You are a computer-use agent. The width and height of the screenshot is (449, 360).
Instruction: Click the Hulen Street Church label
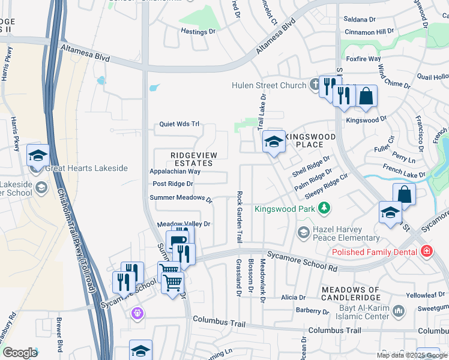click(269, 85)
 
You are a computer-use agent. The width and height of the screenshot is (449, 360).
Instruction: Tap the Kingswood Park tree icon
click(325, 208)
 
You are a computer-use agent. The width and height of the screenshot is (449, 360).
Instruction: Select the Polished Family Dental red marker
click(426, 251)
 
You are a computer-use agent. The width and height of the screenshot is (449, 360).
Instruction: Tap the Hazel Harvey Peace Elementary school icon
click(303, 232)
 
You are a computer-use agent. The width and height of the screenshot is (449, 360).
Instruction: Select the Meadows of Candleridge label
click(351, 294)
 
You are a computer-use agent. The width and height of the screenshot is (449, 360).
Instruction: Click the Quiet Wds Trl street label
click(178, 124)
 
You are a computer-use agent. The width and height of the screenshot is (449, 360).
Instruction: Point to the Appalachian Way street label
click(175, 171)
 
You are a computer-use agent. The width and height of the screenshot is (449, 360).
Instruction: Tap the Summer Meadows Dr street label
click(181, 198)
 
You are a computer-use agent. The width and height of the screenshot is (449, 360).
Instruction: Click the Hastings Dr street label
click(198, 31)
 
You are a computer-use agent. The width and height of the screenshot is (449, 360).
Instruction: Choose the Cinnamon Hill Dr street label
click(369, 31)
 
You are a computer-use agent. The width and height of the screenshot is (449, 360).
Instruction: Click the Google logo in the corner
click(20, 353)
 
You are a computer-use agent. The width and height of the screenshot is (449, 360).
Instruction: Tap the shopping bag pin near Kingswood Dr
click(366, 96)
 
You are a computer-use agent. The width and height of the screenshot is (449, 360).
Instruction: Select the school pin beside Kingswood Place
click(274, 142)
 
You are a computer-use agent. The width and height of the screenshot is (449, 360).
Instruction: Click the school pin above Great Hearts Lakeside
click(37, 155)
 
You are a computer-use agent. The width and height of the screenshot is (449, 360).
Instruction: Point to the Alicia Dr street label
click(293, 297)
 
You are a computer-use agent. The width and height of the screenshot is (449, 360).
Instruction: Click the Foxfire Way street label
click(364, 59)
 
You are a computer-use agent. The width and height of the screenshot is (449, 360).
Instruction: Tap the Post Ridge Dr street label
click(173, 184)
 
